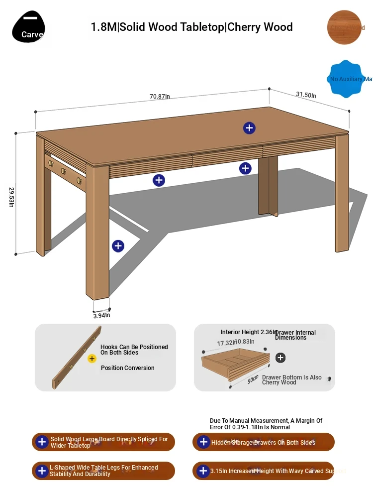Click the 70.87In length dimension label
point(160,97)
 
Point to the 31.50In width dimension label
point(306,95)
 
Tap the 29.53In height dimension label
point(11,197)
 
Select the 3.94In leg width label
point(101,315)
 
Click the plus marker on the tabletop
point(249,128)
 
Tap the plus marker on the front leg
point(118,246)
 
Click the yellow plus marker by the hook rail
point(92,359)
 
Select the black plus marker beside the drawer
point(280,358)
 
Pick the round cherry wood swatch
point(344,27)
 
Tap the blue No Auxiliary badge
point(347,79)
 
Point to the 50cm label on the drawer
point(253,379)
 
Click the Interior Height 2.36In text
point(247,332)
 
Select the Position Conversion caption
point(127,368)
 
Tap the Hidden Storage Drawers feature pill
point(264,442)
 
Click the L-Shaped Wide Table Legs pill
point(103,471)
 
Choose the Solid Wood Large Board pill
point(103,442)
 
